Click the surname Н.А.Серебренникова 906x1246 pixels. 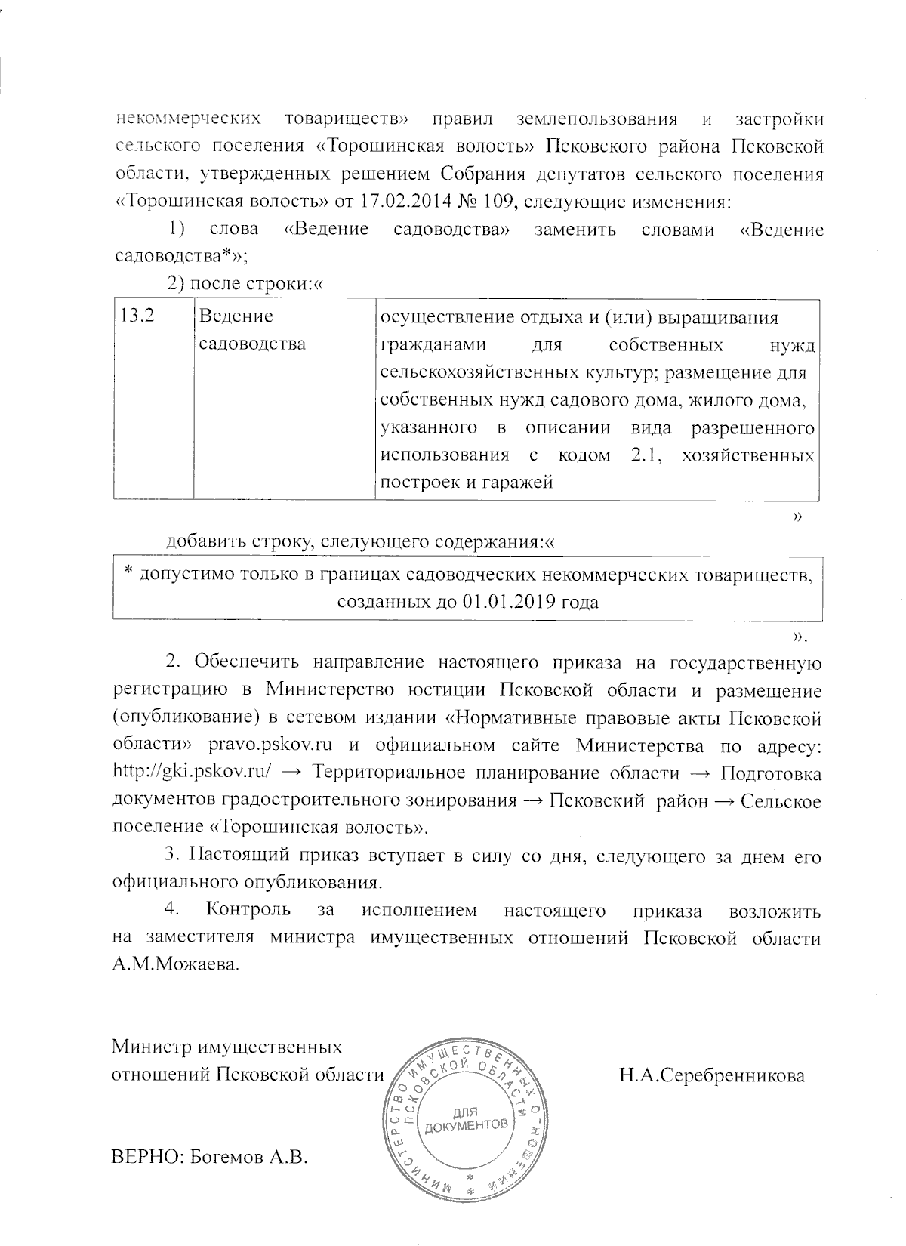[712, 1075]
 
